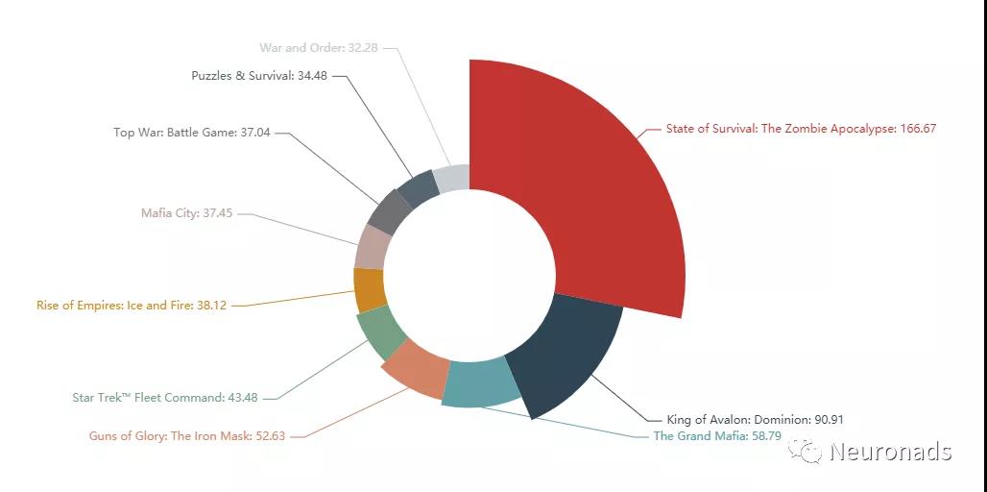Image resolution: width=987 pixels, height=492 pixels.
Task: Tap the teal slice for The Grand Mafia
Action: (482, 384)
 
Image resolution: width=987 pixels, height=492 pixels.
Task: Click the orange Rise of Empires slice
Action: (369, 289)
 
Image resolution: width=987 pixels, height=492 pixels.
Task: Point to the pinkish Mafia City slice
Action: (373, 247)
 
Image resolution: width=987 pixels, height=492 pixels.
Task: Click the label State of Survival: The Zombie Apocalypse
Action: (801, 129)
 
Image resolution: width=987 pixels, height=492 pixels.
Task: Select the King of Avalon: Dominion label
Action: (755, 419)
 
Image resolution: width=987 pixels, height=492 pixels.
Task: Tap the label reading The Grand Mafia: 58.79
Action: (717, 436)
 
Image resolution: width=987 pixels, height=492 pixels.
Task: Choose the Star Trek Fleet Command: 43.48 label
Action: (164, 398)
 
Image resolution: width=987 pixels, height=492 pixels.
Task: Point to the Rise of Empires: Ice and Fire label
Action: (132, 306)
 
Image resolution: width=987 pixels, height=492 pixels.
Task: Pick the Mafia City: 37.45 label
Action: (186, 213)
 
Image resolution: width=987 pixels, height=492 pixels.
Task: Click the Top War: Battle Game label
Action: (192, 133)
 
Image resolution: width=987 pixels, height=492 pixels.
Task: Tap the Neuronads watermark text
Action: (890, 452)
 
